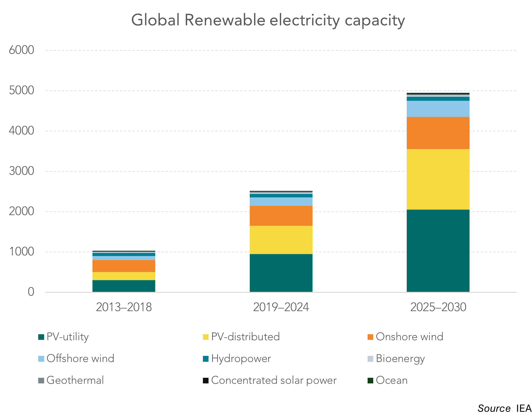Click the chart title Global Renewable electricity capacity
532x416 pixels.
pos(268,21)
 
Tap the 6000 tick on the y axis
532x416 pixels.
pos(21,50)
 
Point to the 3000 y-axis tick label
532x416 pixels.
pos(21,171)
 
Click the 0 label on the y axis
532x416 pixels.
pos(31,292)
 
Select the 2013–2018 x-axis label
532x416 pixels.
pos(124,307)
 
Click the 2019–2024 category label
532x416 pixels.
pos(281,307)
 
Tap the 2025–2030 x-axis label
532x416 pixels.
pos(438,307)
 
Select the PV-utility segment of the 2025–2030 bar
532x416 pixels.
pos(438,251)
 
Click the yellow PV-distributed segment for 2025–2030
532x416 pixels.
pos(438,179)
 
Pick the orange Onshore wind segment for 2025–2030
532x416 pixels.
pos(438,133)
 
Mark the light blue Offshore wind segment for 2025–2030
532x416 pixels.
pos(438,109)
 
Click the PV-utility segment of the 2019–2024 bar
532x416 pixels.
pos(281,273)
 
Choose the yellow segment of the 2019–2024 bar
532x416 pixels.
pos(281,240)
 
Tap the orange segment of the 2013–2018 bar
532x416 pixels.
pos(124,266)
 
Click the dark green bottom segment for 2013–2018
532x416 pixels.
pos(124,286)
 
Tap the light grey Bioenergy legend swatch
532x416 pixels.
pos(370,359)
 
